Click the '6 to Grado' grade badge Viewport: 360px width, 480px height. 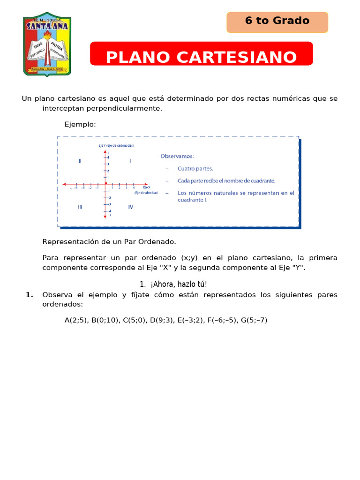pyautogui.click(x=277, y=21)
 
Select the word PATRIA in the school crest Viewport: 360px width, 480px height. pyautogui.click(x=57, y=45)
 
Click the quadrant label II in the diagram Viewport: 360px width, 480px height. pyautogui.click(x=80, y=161)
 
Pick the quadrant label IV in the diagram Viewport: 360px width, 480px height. pyautogui.click(x=130, y=207)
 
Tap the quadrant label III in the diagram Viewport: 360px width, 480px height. pyautogui.click(x=80, y=207)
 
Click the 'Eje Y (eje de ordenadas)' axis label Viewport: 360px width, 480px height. pyautogui.click(x=116, y=146)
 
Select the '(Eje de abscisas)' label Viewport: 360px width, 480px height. pyautogui.click(x=146, y=193)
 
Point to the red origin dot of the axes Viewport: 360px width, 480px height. pyautogui.click(x=105, y=184)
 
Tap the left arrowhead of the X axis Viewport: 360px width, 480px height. pyautogui.click(x=64, y=184)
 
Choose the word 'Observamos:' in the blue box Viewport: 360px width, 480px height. pyautogui.click(x=177, y=156)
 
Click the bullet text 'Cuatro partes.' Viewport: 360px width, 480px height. pyautogui.click(x=195, y=168)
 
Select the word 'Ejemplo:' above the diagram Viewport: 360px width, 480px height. pyautogui.click(x=80, y=124)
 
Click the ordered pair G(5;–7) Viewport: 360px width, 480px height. pyautogui.click(x=254, y=321)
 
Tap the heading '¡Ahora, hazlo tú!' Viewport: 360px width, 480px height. pyautogui.click(x=178, y=284)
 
